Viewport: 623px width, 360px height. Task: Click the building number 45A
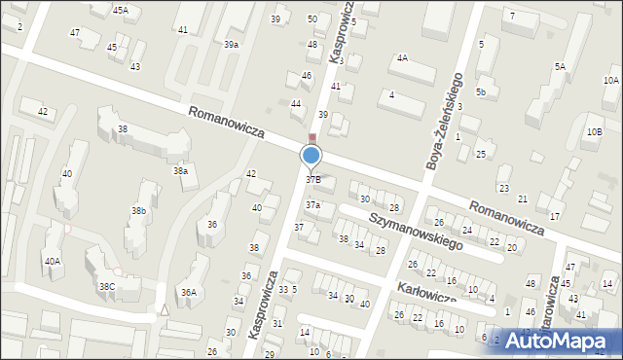(x=120, y=10)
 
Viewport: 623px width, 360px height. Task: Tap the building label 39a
(x=231, y=45)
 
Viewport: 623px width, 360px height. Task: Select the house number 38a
(x=180, y=171)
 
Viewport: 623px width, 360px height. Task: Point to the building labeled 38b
(x=139, y=210)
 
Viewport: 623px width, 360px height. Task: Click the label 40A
(x=52, y=261)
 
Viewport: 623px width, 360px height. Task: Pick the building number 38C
(x=106, y=286)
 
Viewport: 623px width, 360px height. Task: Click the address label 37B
(x=313, y=180)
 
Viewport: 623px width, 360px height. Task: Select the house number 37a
(x=312, y=205)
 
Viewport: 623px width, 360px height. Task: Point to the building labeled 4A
(x=401, y=58)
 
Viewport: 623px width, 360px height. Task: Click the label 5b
(x=481, y=91)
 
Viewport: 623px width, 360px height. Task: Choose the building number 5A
(x=560, y=66)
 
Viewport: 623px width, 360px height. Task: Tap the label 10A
(x=610, y=81)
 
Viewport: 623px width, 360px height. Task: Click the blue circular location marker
(x=311, y=155)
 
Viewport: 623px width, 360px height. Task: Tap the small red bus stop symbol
(x=311, y=138)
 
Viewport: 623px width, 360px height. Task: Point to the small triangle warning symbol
(x=165, y=310)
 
